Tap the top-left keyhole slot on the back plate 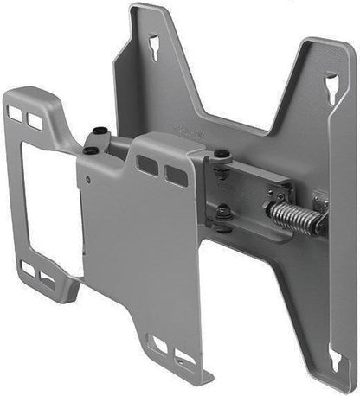click(x=153, y=44)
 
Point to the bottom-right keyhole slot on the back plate click(x=334, y=358)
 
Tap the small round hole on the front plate click(x=87, y=180)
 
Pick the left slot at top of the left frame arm click(x=16, y=112)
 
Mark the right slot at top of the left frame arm click(x=35, y=122)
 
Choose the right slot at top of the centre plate click(x=176, y=176)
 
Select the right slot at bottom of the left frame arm click(x=47, y=278)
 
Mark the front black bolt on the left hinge click(x=91, y=151)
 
